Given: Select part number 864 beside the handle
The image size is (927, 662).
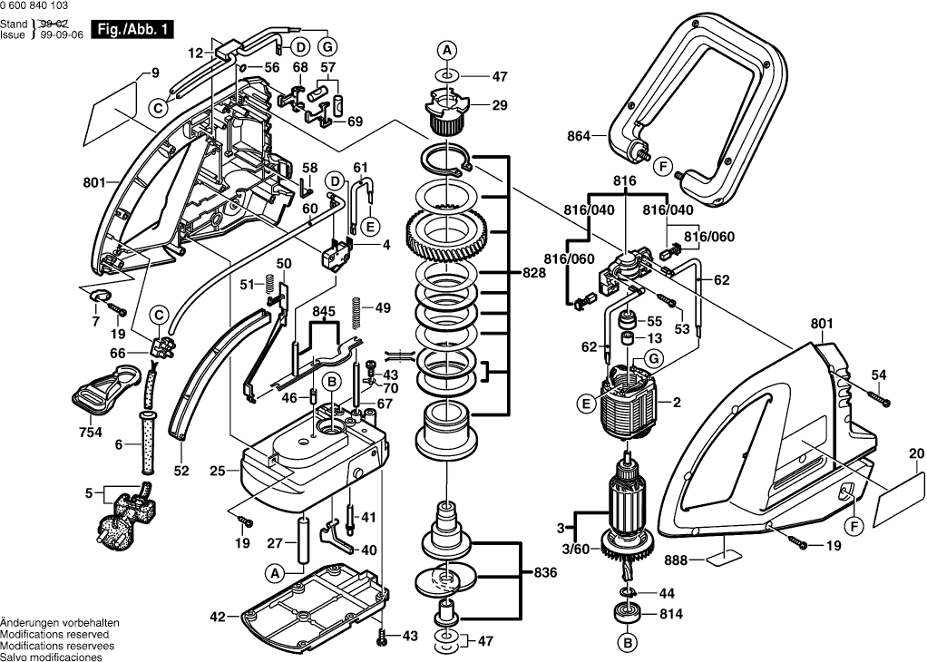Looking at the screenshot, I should click(x=579, y=136).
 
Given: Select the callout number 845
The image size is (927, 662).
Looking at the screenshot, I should click(x=324, y=311).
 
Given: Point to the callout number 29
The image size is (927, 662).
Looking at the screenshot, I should click(x=499, y=106).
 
